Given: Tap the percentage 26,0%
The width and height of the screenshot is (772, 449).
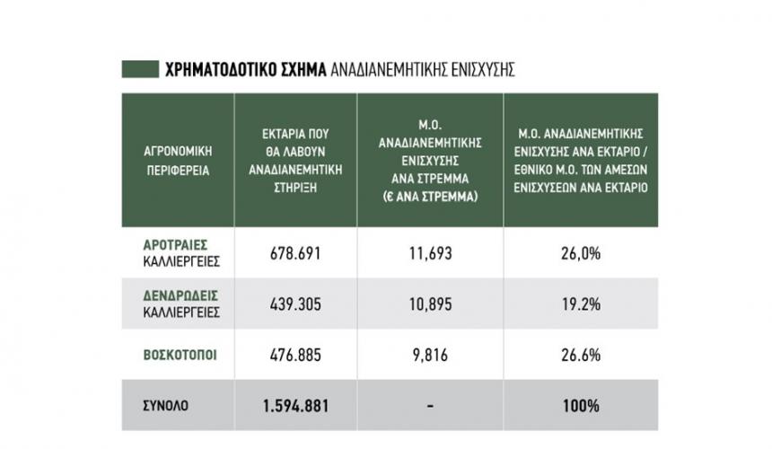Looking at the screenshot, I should [x=582, y=254].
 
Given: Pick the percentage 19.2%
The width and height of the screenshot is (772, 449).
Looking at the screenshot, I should [x=582, y=304].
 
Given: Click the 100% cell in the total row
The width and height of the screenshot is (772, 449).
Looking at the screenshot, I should [x=582, y=406].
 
